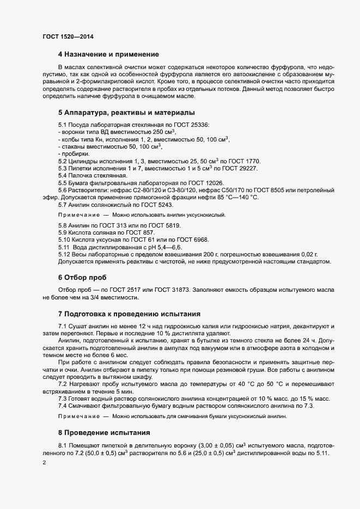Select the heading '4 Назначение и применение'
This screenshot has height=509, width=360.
(x=108, y=54)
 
